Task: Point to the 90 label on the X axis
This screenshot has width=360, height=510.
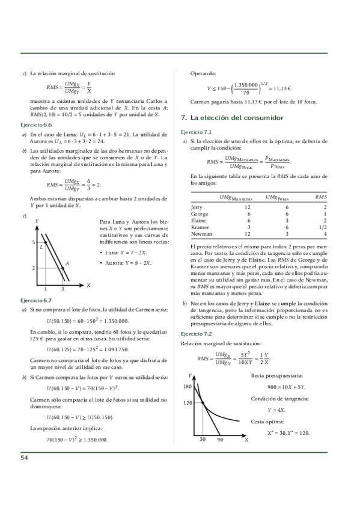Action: pyautogui.click(x=221, y=441)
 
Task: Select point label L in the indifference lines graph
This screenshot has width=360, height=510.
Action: pyautogui.click(x=41, y=247)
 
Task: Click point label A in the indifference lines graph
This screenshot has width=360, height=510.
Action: pyautogui.click(x=67, y=263)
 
